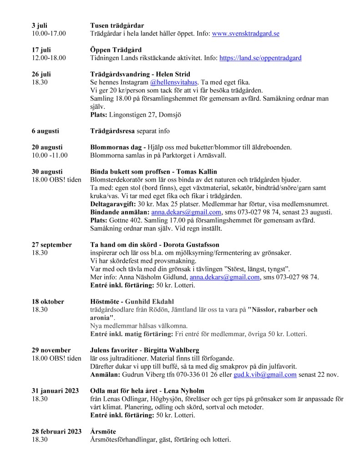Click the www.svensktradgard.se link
pyautogui.click(x=246, y=34)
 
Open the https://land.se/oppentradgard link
pyautogui.click(x=260, y=58)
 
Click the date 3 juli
pyautogui.click(x=40, y=26)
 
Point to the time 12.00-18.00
pyautogui.click(x=49, y=58)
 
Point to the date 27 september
pyautogui.click(x=52, y=245)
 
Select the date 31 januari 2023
pyautogui.click(x=55, y=391)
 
